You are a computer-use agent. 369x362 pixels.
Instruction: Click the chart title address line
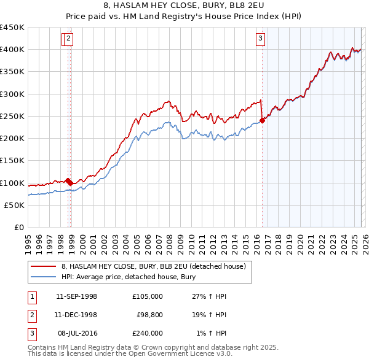[x=184, y=6]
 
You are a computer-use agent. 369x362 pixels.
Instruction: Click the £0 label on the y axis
[x=19, y=228]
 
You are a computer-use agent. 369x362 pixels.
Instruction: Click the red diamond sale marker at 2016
[x=263, y=120]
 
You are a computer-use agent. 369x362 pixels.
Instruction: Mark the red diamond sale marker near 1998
[x=68, y=181]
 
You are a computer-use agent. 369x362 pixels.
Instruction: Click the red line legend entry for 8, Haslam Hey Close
[x=153, y=266]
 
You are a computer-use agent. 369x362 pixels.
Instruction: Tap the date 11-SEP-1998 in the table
[x=76, y=296]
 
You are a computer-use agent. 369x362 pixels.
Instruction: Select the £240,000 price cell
[x=148, y=333]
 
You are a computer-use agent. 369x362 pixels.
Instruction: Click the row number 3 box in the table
[x=31, y=333]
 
